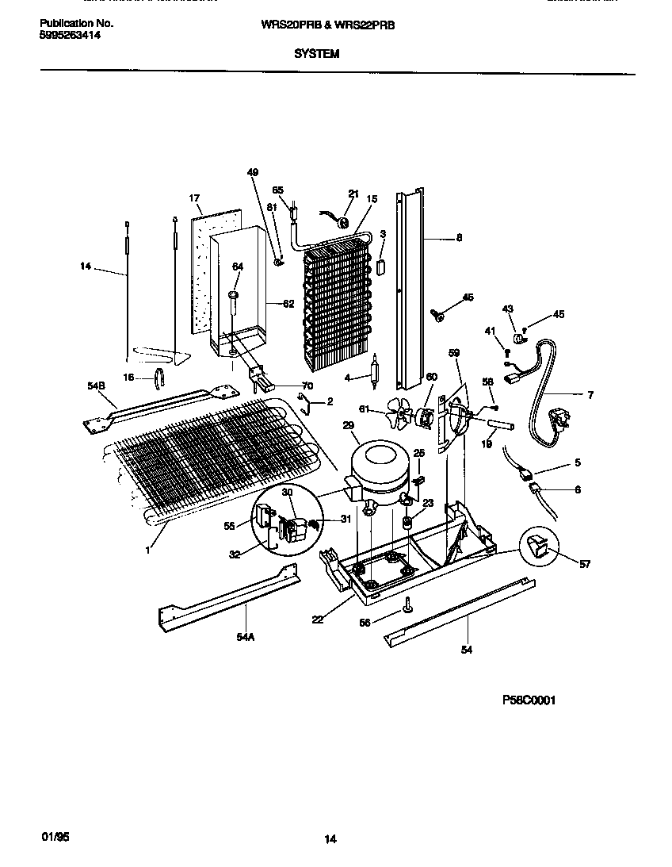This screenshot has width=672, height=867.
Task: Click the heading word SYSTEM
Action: pyautogui.click(x=316, y=54)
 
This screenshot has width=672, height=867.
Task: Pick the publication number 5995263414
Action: pyautogui.click(x=70, y=36)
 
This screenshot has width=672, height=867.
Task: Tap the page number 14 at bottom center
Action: pyautogui.click(x=330, y=839)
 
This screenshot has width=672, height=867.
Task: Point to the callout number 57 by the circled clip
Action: pyautogui.click(x=585, y=564)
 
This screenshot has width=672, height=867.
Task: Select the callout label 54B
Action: pyautogui.click(x=96, y=385)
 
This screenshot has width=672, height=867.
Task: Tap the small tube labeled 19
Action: pyautogui.click(x=500, y=429)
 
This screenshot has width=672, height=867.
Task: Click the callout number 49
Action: pyautogui.click(x=253, y=172)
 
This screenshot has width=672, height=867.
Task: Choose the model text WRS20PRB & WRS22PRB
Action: pyautogui.click(x=328, y=25)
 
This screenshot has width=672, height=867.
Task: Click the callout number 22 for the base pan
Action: pyautogui.click(x=318, y=620)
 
